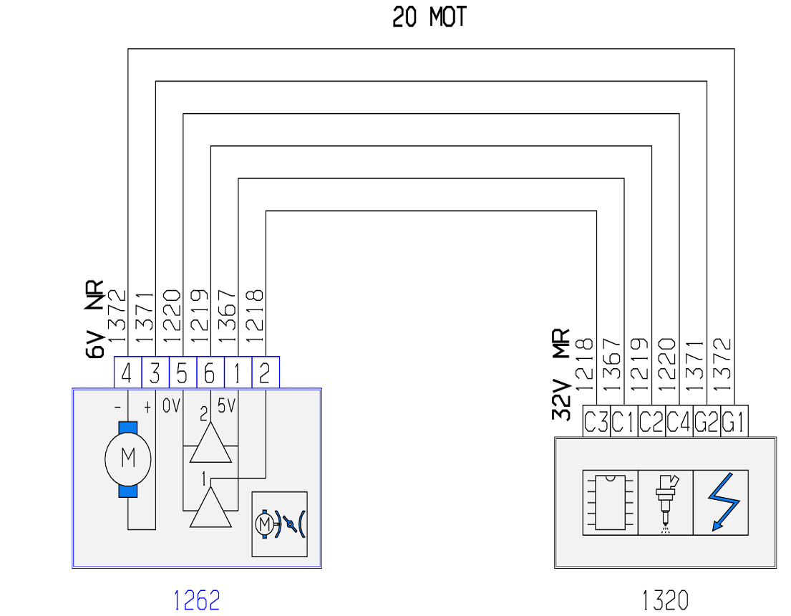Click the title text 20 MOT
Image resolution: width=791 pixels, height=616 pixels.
pyautogui.click(x=430, y=17)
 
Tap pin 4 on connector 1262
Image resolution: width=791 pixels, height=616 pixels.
pyautogui.click(x=127, y=372)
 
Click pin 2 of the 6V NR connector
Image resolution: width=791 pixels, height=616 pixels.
pyautogui.click(x=266, y=372)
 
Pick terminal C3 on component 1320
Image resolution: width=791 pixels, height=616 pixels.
pyautogui.click(x=596, y=421)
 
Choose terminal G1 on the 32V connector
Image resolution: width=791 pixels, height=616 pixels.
pyautogui.click(x=734, y=421)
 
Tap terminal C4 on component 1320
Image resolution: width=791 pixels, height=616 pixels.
pyautogui.click(x=679, y=421)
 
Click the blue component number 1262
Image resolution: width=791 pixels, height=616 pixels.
pyautogui.click(x=197, y=600)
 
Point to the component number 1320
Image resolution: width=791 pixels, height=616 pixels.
pyautogui.click(x=665, y=600)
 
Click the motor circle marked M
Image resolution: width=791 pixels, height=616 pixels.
pyautogui.click(x=127, y=459)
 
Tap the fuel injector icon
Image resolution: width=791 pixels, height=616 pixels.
pyautogui.click(x=666, y=503)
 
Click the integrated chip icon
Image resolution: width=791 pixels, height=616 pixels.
pyautogui.click(x=610, y=502)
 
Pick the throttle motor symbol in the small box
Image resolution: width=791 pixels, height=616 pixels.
pyautogui.click(x=280, y=524)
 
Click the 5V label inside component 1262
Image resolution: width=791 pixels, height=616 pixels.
pyautogui.click(x=226, y=405)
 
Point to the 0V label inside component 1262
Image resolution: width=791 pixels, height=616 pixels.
pyautogui.click(x=172, y=405)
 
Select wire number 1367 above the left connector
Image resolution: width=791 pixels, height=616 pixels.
pyautogui.click(x=226, y=317)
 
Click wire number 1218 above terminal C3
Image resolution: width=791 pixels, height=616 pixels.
pyautogui.click(x=584, y=365)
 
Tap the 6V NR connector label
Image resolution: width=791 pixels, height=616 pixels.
pyautogui.click(x=94, y=319)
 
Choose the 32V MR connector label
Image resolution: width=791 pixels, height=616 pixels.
pyautogui.click(x=561, y=375)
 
